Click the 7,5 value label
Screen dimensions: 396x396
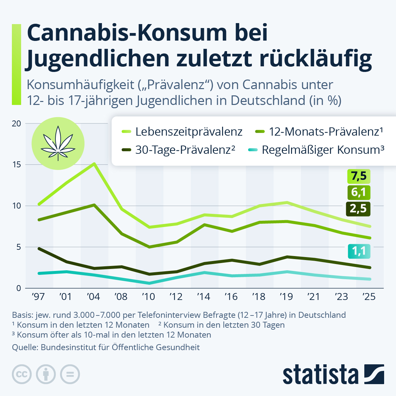click(x=359, y=176)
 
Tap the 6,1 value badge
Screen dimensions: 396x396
click(x=359, y=192)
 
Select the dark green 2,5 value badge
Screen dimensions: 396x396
click(x=359, y=209)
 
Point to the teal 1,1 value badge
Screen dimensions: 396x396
click(x=359, y=251)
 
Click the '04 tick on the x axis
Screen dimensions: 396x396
click(x=93, y=297)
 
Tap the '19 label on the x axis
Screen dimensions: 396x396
click(x=286, y=297)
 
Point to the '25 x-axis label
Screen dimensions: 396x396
click(x=369, y=297)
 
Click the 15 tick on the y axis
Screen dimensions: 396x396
click(x=16, y=164)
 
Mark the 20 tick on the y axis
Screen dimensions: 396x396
click(x=16, y=123)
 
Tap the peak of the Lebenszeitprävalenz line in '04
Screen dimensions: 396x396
click(x=94, y=163)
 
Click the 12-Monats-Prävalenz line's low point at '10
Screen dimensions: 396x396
click(x=149, y=247)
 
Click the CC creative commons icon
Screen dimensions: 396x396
click(x=21, y=375)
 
